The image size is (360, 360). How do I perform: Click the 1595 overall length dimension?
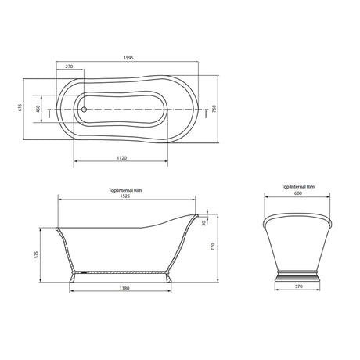128,58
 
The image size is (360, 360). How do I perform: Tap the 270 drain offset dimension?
69,67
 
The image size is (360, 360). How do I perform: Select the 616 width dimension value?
20,107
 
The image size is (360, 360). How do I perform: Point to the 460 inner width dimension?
38,109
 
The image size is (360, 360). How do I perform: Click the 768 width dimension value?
214,109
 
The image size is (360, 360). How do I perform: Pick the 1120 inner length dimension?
122,158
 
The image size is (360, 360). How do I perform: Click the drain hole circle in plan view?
84,110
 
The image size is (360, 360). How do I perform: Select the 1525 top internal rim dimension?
125,196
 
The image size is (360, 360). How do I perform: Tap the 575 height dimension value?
36,254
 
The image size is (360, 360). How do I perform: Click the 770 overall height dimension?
213,247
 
